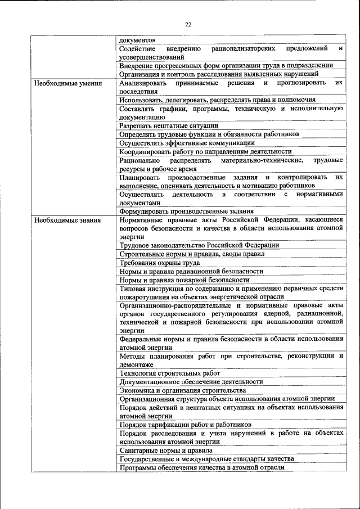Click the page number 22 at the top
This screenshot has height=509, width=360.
point(188,24)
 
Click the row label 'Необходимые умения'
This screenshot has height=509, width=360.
point(67,83)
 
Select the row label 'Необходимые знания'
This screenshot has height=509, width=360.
point(67,220)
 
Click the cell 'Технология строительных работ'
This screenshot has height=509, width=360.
point(170,373)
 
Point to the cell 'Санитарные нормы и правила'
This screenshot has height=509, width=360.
point(166,451)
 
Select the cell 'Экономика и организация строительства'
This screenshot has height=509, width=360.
point(183,390)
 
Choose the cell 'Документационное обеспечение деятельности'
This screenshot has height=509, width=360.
point(191,381)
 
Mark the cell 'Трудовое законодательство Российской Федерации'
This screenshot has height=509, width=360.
point(199,245)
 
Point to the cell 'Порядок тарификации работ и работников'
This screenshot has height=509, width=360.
point(186,425)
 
